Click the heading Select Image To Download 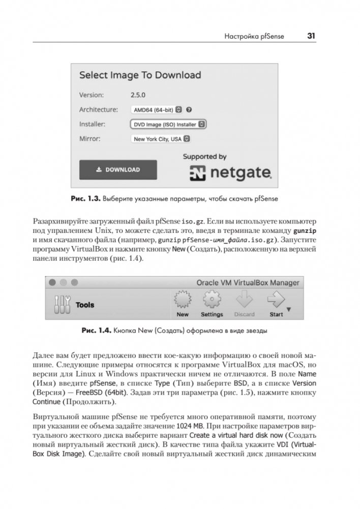tap(140, 75)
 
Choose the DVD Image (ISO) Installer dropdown tap(168, 124)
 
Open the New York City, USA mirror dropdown tap(161, 138)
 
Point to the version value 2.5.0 tap(138, 95)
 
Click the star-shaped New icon tap(182, 300)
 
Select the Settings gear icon tap(212, 300)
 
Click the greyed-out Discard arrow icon tap(245, 300)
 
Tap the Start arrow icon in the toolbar tap(276, 300)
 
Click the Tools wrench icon tap(61, 305)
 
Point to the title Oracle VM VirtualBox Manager tap(248, 282)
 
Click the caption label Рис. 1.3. tap(85, 199)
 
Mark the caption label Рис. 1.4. tap(96, 330)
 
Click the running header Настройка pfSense tap(254, 36)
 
